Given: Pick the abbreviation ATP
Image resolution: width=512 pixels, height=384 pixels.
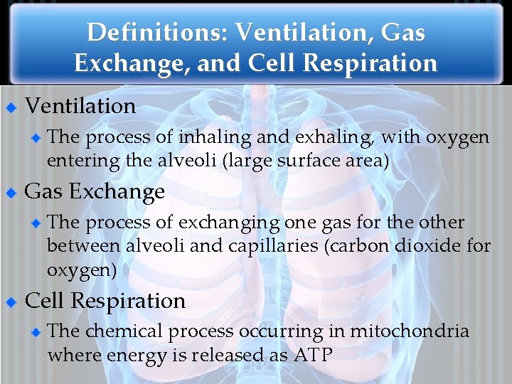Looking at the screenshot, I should (x=313, y=355).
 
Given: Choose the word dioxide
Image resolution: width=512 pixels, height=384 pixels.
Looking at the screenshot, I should (x=433, y=247).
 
